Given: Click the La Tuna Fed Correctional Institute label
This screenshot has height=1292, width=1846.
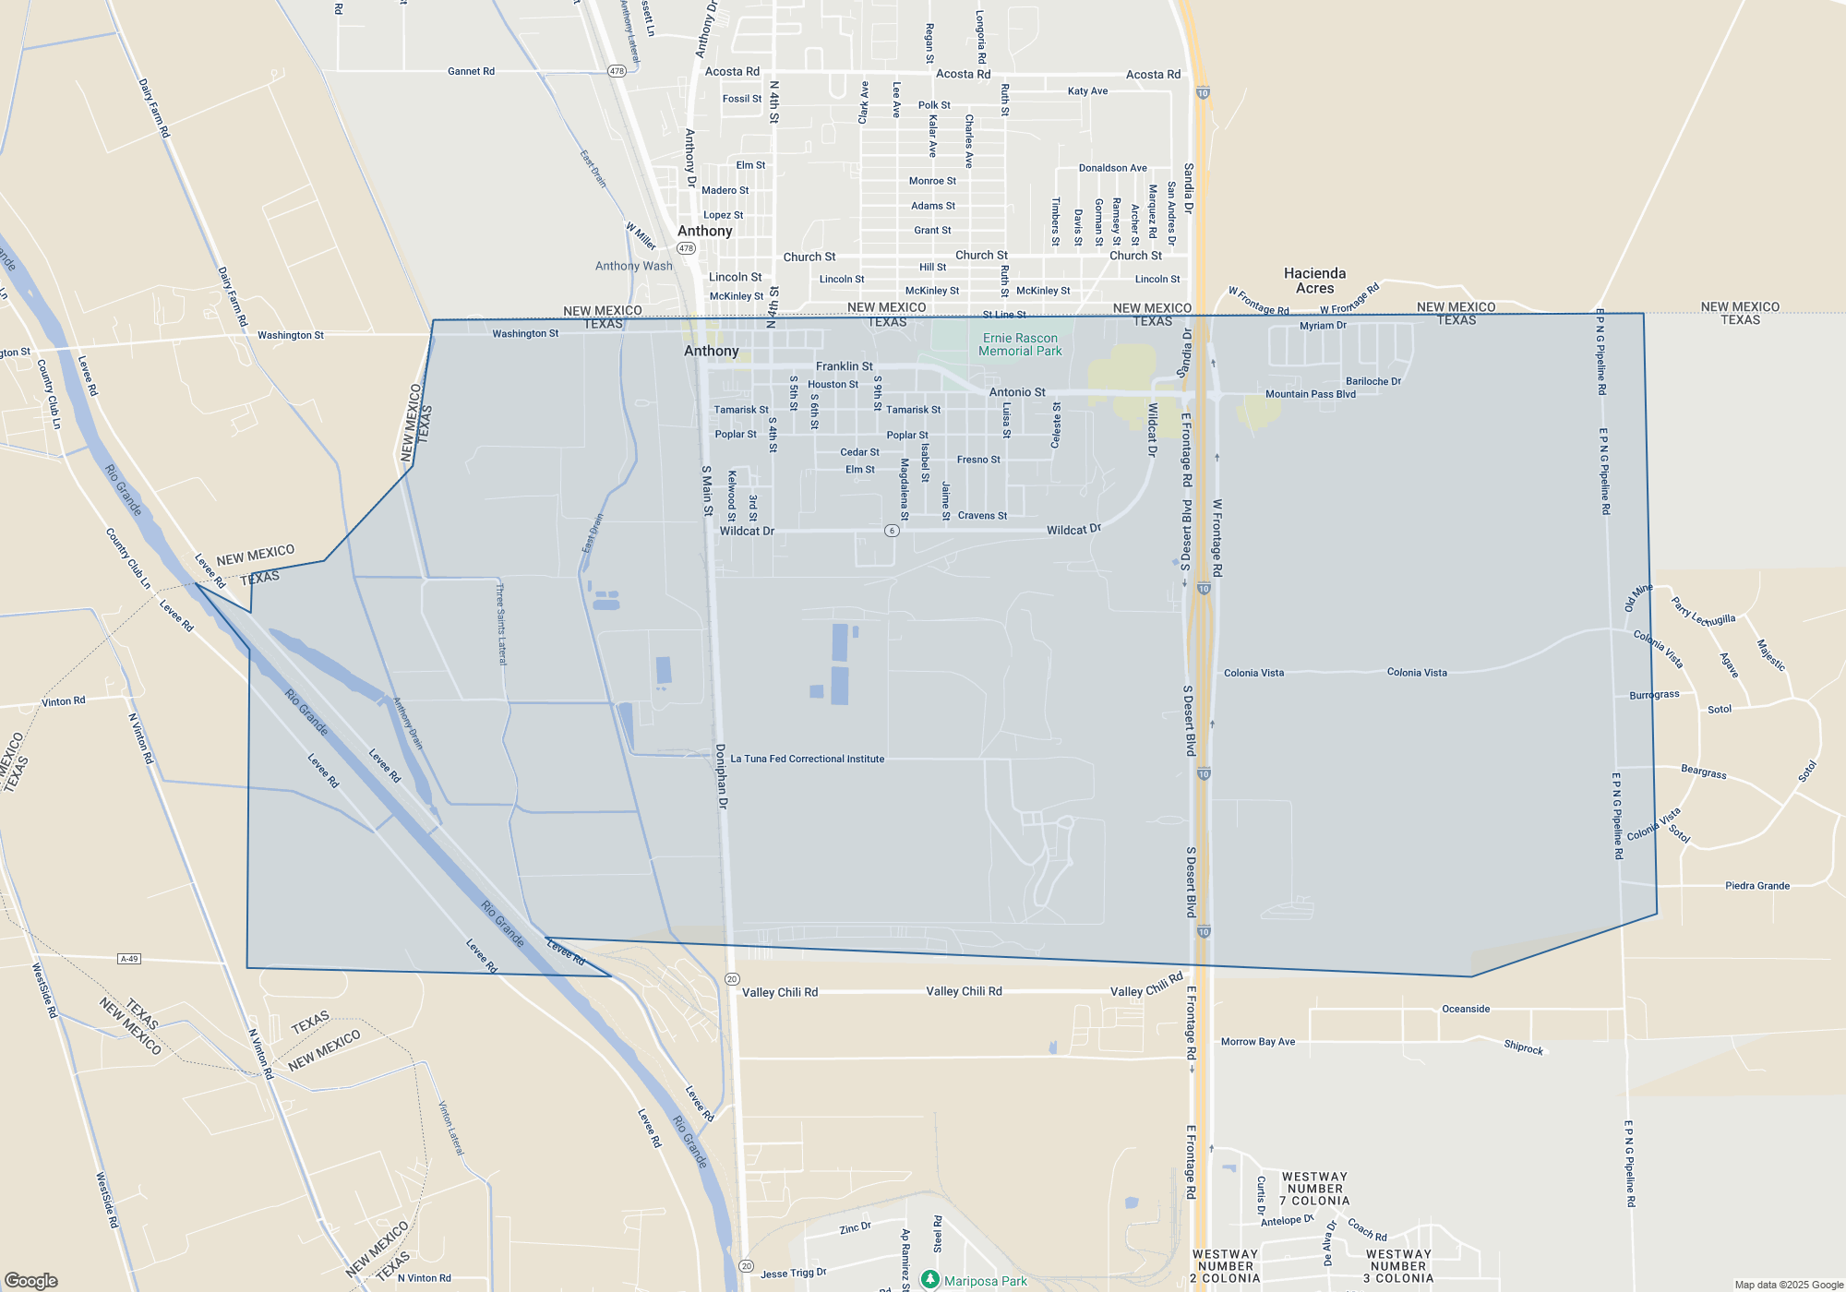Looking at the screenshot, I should pyautogui.click(x=807, y=759).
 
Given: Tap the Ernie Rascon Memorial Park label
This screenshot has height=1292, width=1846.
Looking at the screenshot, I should pyautogui.click(x=1020, y=344).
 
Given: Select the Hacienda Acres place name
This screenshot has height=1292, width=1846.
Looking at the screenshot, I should pyautogui.click(x=1314, y=281).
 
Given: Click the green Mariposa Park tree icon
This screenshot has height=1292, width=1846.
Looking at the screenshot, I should pyautogui.click(x=930, y=1279).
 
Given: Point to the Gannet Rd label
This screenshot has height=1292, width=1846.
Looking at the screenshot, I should pyautogui.click(x=471, y=71).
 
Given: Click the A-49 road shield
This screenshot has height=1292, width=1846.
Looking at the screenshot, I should pyautogui.click(x=129, y=959).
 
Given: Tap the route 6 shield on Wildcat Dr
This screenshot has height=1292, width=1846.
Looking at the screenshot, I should pyautogui.click(x=892, y=531).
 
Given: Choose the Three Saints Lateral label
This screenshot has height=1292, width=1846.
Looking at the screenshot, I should pyautogui.click(x=501, y=624).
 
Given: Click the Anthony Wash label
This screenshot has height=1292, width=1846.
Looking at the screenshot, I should pyautogui.click(x=633, y=266).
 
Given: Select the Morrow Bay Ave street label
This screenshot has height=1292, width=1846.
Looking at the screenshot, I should pyautogui.click(x=1257, y=1042).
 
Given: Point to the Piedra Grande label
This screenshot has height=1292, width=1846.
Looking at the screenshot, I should pyautogui.click(x=1756, y=886).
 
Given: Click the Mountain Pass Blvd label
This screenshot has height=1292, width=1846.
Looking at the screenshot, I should pyautogui.click(x=1310, y=394).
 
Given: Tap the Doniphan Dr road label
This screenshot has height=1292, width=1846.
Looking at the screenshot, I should pyautogui.click(x=722, y=776).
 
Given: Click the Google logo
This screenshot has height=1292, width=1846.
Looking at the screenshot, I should pyautogui.click(x=30, y=1280).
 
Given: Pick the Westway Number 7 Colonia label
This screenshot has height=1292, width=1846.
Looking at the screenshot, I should pyautogui.click(x=1314, y=1189).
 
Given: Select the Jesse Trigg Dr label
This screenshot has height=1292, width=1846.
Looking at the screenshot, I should pyautogui.click(x=793, y=1273).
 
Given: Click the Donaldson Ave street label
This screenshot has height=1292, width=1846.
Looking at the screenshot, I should pyautogui.click(x=1112, y=168).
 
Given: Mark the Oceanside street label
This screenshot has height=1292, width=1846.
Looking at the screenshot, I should pyautogui.click(x=1466, y=1009).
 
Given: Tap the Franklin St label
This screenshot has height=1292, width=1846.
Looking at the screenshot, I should pyautogui.click(x=844, y=366).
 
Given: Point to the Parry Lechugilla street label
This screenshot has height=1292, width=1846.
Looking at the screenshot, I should pyautogui.click(x=1703, y=611).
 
